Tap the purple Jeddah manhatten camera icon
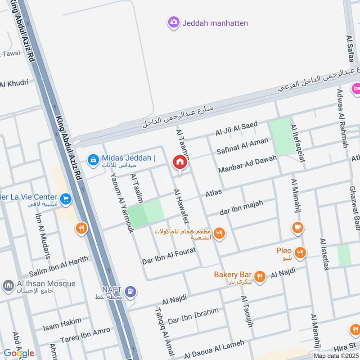pyautogui.click(x=173, y=22)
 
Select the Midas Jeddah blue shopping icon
pyautogui.click(x=93, y=159)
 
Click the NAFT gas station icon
pyautogui.click(x=130, y=292)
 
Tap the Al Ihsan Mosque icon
pyautogui.click(x=8, y=286)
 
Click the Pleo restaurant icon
pyautogui.click(x=300, y=252)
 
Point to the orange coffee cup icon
pyautogui.click(x=297, y=227)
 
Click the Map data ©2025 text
pyautogui.click(x=335, y=355)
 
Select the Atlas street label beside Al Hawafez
pyautogui.click(x=214, y=193)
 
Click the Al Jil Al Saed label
pyautogui.click(x=236, y=128)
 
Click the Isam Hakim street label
pyautogui.click(x=63, y=323)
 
